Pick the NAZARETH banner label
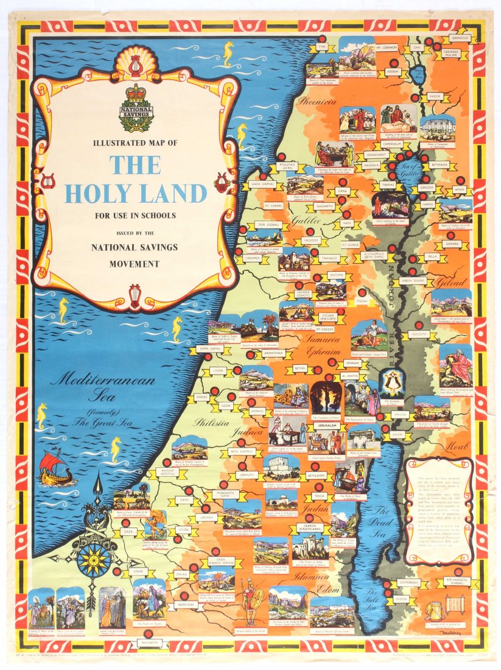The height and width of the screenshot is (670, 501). click(x=326, y=206)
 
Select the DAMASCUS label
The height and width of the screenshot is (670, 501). click(x=460, y=38)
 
